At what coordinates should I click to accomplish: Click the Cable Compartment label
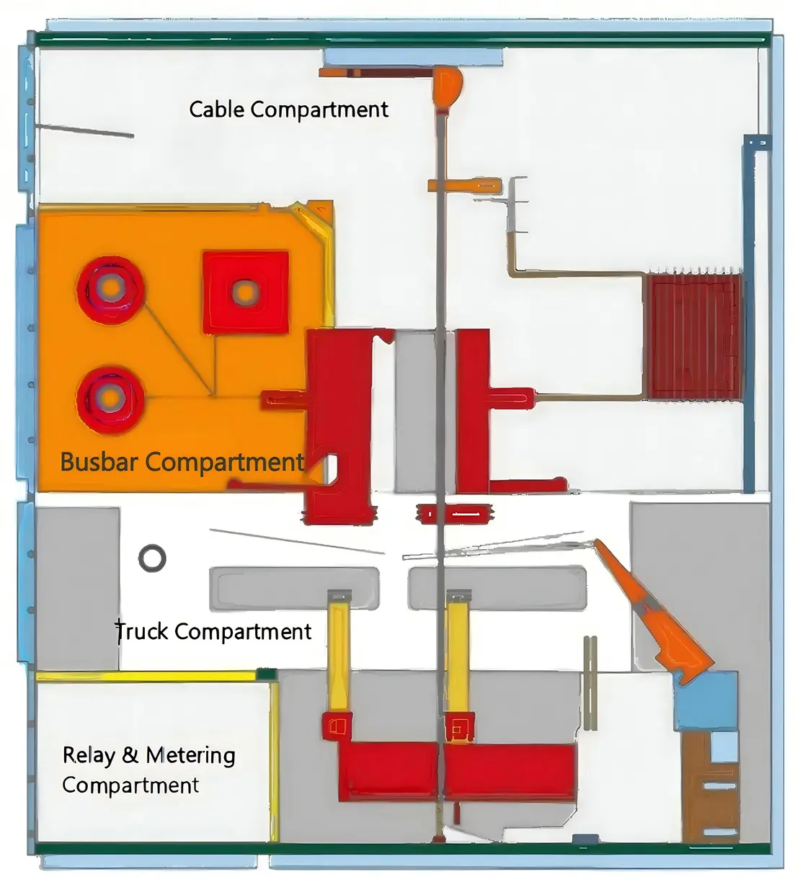tap(288, 110)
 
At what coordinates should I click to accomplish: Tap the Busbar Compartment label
tap(182, 462)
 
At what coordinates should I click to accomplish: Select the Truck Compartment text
tap(214, 632)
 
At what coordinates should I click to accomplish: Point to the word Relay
tap(89, 755)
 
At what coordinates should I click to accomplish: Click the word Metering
tap(190, 756)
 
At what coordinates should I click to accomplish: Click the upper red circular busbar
tap(110, 290)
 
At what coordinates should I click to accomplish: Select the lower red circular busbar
tap(110, 397)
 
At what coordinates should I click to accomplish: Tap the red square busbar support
tap(245, 292)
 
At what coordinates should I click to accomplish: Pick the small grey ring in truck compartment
tap(152, 558)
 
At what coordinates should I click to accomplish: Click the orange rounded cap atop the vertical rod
tap(446, 84)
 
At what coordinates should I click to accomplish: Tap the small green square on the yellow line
tap(267, 674)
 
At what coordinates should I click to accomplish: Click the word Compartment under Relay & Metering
tap(130, 785)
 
